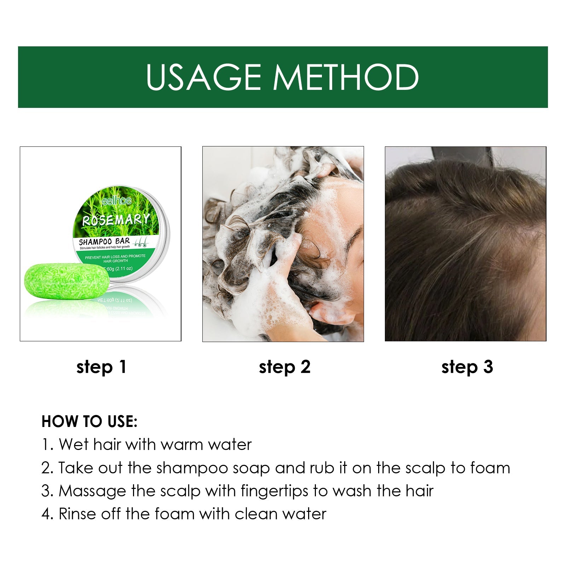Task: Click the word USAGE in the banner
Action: pyautogui.click(x=203, y=77)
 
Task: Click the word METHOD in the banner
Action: pyautogui.click(x=346, y=77)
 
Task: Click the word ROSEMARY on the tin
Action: pyautogui.click(x=116, y=220)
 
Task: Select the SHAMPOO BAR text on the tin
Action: pyautogui.click(x=104, y=242)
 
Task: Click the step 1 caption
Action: pyautogui.click(x=101, y=367)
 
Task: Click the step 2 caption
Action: pyautogui.click(x=284, y=367)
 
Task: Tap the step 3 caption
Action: pyautogui.click(x=467, y=367)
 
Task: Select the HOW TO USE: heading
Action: pyautogui.click(x=89, y=421)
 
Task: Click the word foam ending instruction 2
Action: pyautogui.click(x=490, y=468)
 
